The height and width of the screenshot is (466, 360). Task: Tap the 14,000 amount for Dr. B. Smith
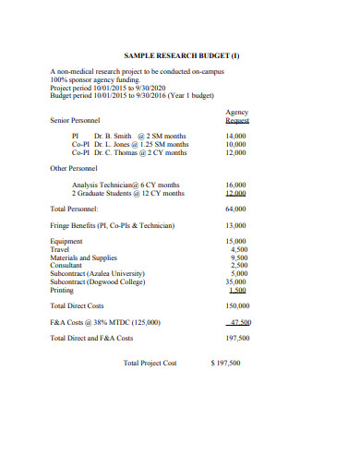236,136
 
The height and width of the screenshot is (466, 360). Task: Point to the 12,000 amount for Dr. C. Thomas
236,152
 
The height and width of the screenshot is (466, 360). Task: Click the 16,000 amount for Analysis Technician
236,185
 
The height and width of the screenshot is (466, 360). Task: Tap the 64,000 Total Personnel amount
236,209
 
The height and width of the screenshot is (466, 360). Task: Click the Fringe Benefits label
112,225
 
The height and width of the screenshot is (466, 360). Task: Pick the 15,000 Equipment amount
237,242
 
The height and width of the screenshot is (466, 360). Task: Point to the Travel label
60,249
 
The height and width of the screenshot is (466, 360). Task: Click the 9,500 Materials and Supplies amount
238,257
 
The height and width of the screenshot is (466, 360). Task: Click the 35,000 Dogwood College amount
236,281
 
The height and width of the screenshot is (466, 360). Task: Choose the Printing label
63,290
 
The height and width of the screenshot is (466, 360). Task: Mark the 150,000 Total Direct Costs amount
236,305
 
